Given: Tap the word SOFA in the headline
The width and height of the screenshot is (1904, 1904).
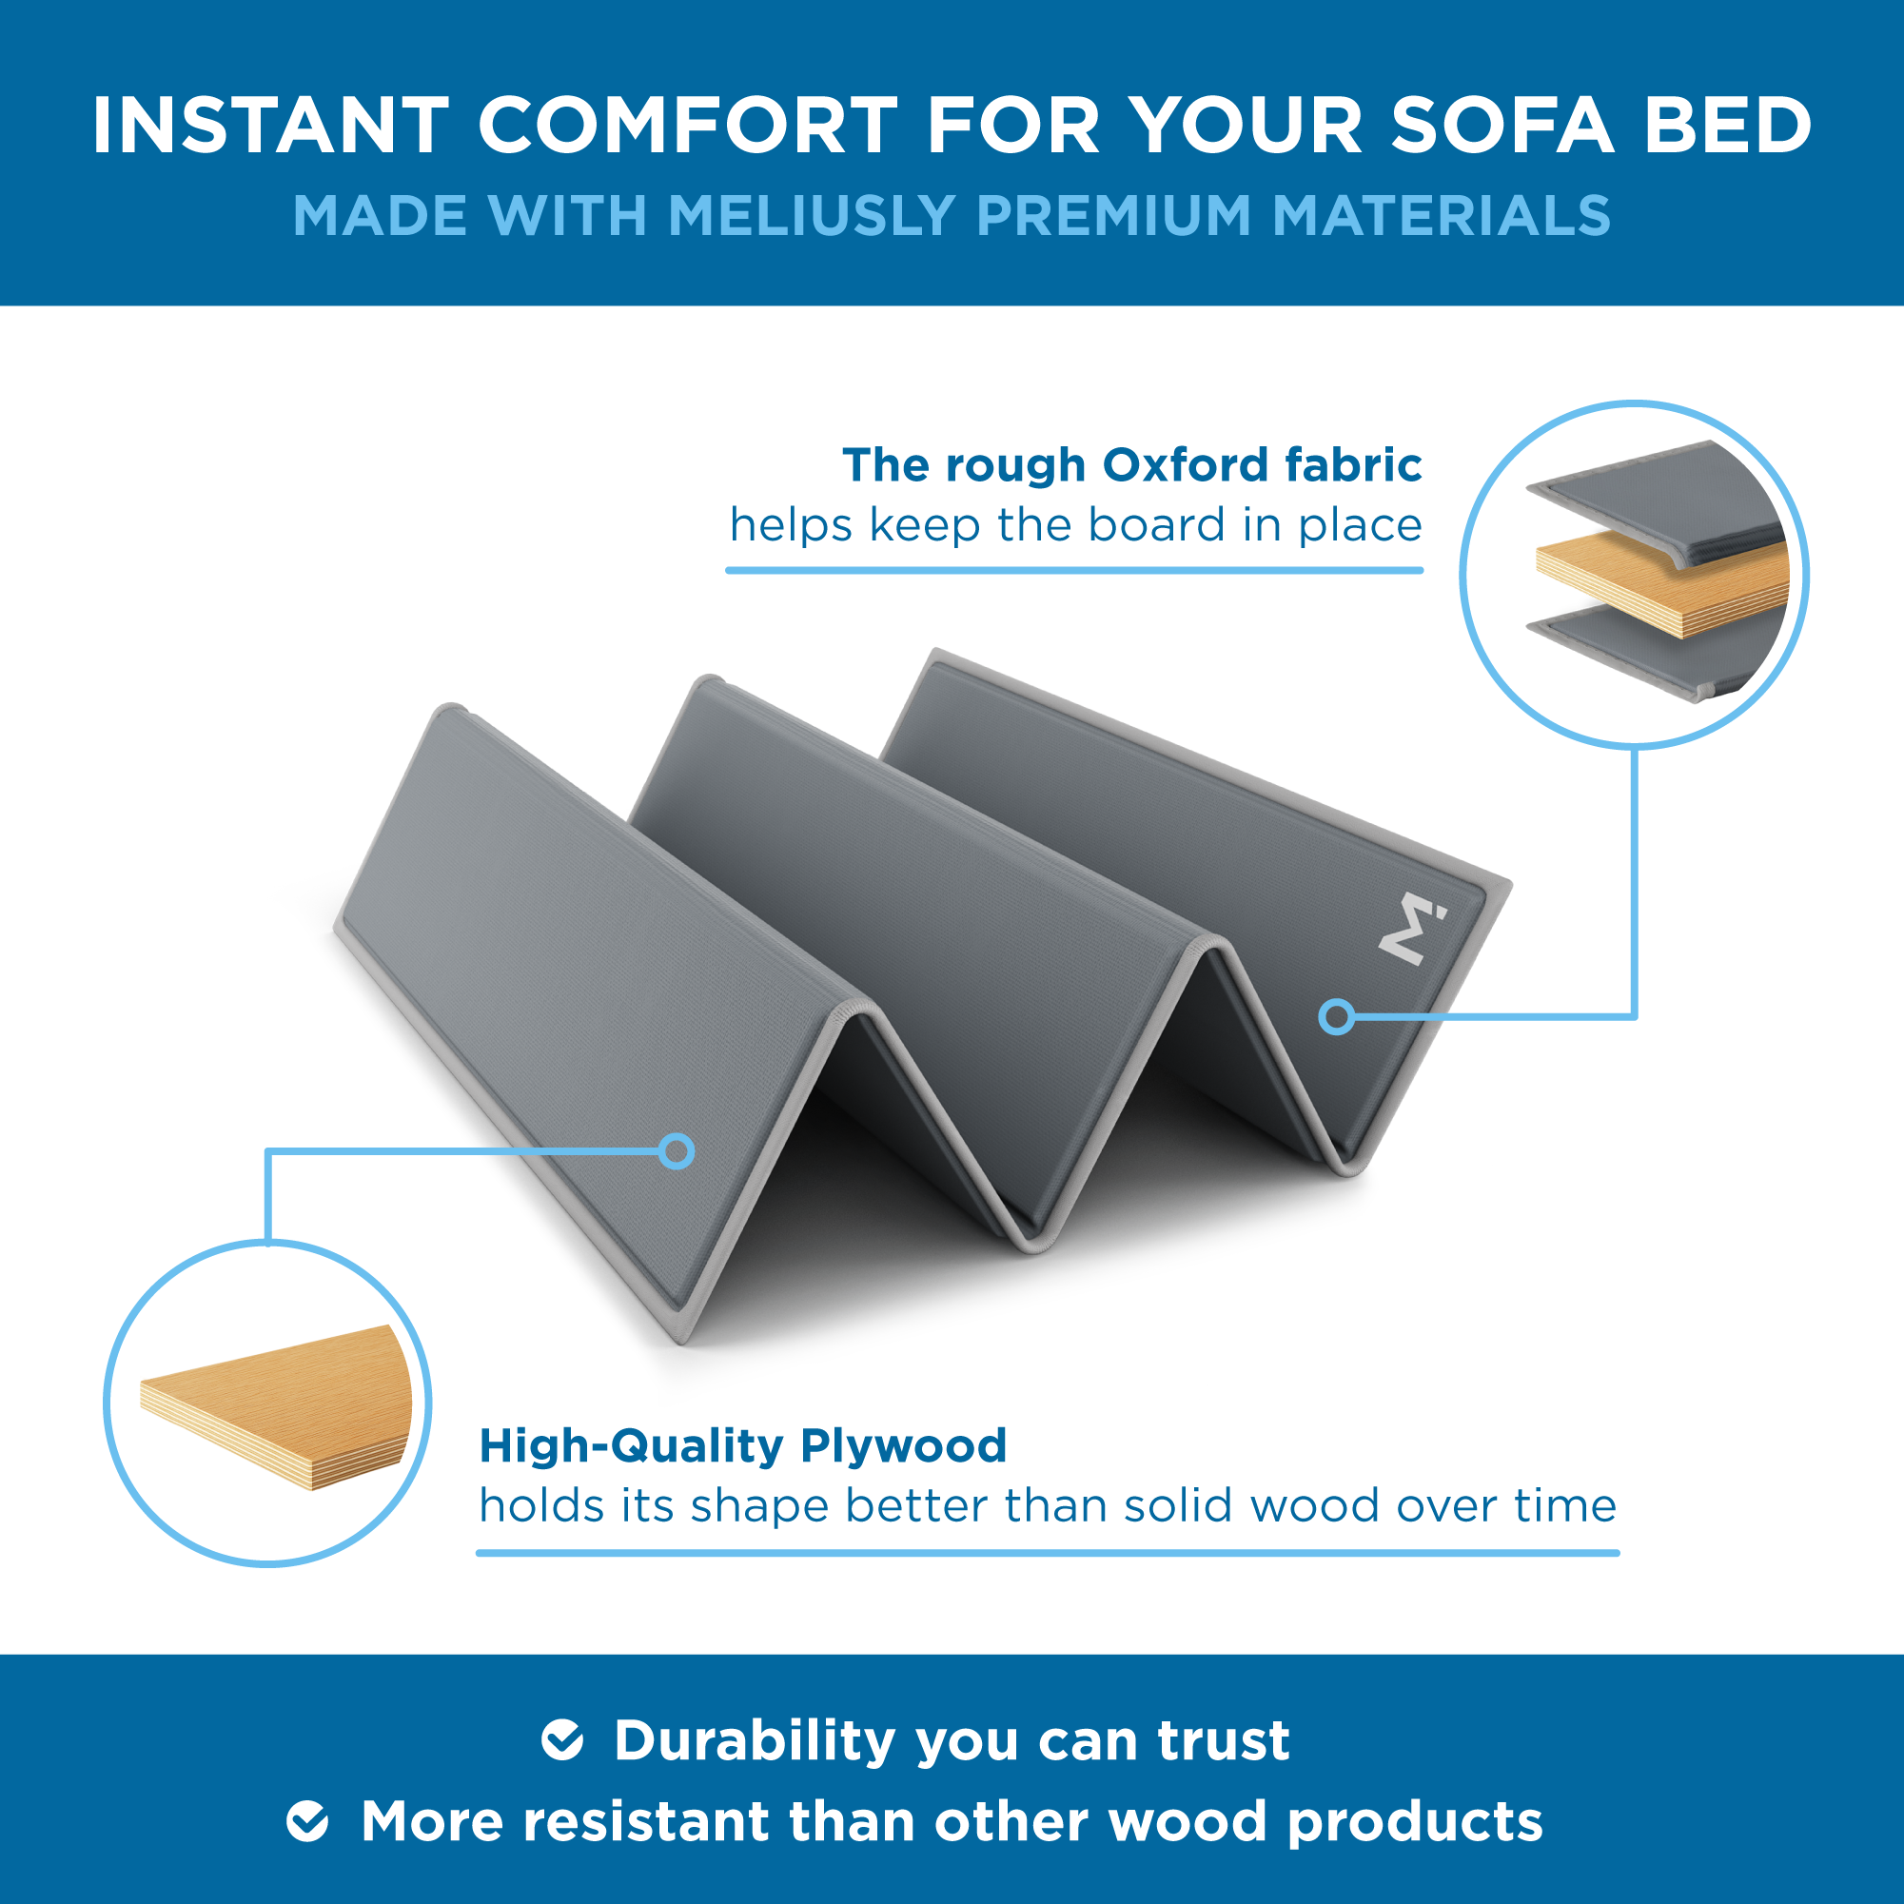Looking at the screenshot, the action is [1502, 126].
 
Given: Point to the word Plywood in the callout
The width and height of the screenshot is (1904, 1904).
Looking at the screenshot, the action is [904, 1446].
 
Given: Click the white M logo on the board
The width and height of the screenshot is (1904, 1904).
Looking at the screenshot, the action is [1411, 928].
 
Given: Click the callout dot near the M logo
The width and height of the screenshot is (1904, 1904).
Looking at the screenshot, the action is [1336, 1016].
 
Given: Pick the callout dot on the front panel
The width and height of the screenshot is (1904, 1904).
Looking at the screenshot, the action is [676, 1151].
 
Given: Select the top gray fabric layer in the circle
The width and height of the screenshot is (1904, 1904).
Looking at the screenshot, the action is [1658, 502].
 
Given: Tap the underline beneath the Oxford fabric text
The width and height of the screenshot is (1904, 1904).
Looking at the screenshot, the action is [1074, 570].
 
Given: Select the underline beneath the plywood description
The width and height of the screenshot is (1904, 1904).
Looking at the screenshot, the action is [1048, 1553].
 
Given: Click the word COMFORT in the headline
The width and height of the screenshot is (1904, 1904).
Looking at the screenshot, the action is [688, 126].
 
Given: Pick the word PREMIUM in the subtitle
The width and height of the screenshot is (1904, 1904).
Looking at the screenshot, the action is [1114, 215].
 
